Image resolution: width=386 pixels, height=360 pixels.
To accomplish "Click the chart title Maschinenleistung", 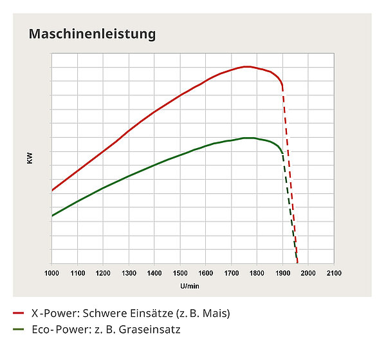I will tap(92, 33).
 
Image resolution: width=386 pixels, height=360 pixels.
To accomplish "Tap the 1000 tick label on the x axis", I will tap(51, 274).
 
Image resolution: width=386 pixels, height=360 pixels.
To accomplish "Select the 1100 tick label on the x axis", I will tap(77, 274).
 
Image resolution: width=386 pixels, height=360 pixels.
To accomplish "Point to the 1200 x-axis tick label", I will tap(103, 274).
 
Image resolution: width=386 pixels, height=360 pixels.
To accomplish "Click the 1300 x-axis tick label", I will tap(129, 274).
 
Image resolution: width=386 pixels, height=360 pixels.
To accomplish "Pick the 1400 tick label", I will tap(154, 274).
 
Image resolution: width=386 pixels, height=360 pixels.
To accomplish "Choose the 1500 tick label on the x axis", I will tap(180, 274).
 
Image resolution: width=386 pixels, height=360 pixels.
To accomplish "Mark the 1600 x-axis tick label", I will tap(205, 274).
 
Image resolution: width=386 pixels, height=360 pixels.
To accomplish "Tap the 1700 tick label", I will tap(231, 274).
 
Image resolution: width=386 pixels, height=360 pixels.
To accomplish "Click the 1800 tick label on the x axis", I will tap(257, 274).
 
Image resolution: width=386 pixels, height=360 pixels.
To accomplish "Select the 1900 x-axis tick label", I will tap(282, 274).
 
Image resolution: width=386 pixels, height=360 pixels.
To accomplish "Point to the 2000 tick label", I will tap(308, 274).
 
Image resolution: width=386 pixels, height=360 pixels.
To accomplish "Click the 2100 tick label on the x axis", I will tap(333, 274).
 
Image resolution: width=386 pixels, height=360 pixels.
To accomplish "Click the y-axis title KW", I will tap(30, 156).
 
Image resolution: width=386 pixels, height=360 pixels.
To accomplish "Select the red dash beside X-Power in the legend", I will tap(18, 314).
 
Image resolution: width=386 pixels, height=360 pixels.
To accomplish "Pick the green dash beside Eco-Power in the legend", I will tap(18, 330).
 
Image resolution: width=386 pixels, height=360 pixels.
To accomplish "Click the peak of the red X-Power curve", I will tap(245, 66).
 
